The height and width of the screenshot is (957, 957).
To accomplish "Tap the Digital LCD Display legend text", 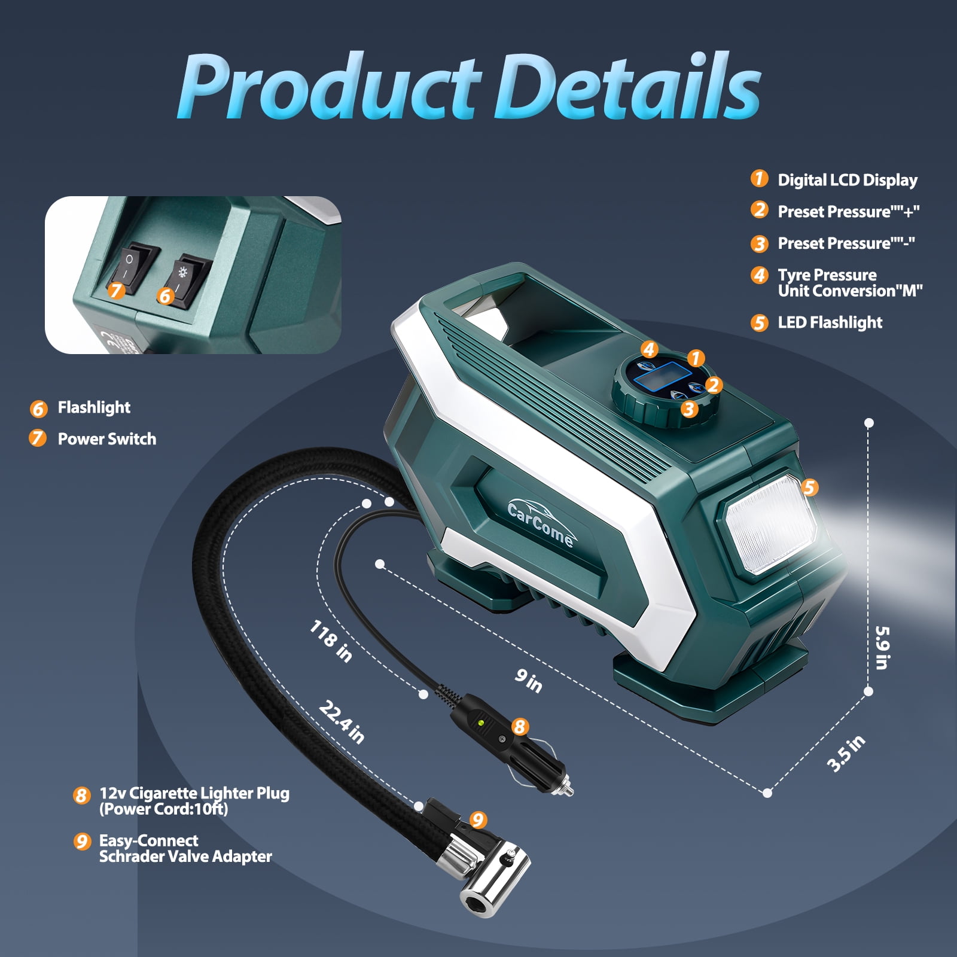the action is coord(848,180).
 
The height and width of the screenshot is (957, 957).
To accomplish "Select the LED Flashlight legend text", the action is coord(830,322).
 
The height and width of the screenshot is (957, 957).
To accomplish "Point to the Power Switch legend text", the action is coord(107,439).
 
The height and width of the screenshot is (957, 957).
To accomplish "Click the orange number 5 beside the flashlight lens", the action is coord(810,487).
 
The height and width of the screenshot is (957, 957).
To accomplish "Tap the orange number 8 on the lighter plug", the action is coord(520,727).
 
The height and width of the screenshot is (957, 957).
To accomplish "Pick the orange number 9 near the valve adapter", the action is coord(477,819).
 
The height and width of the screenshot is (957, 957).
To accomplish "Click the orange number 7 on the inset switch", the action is coord(116,291).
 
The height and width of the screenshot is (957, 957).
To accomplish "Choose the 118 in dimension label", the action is coord(331,641).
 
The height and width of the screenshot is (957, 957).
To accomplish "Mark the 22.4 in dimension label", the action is coord(342,722).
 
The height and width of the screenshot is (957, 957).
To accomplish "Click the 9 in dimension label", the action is coord(529,681).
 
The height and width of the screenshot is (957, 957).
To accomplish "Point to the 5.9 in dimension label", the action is coord(882,648).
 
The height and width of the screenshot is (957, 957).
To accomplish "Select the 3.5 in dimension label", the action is coord(846,754).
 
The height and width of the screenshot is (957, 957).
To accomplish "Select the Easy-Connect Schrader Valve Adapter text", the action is coord(185,849).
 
